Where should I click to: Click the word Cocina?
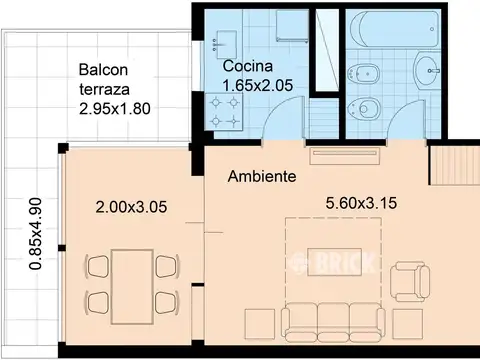248,66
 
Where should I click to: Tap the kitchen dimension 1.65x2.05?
258,85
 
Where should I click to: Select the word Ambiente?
262,176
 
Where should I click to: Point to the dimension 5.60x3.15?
361,203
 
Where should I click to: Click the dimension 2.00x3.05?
131,207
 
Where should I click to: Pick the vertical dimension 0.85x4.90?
36,234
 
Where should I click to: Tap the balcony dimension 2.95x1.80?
115,109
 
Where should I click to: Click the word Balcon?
103,70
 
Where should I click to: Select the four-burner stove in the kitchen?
224,111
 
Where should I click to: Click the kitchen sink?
225,43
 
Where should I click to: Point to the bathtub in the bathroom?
393,29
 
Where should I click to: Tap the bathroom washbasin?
427,70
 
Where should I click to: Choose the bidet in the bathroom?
364,74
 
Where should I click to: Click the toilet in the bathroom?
363,109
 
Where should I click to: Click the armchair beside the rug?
409,282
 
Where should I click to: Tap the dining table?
132,287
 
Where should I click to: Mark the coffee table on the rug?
334,262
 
